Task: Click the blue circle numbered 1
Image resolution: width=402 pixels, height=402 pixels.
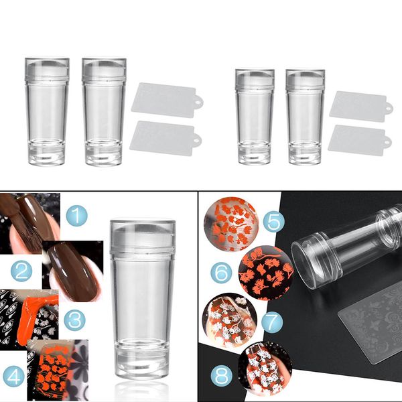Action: [76, 215]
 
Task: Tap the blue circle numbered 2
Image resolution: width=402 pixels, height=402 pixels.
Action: [21, 271]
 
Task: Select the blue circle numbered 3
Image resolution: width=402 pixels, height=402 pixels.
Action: [74, 320]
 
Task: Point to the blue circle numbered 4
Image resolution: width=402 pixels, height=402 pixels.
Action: [13, 377]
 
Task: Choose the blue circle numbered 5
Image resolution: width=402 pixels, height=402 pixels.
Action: [274, 222]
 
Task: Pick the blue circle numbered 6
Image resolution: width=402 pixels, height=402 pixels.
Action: [221, 273]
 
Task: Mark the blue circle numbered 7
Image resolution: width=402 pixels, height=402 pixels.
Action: [272, 322]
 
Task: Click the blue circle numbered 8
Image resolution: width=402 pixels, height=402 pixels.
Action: [222, 377]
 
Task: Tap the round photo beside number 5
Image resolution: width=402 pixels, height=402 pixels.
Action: [231, 224]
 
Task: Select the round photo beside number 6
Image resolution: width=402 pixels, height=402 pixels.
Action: [266, 273]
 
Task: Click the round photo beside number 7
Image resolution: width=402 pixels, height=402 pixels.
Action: [230, 320]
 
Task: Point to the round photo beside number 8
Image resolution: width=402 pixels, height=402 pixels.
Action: [265, 368]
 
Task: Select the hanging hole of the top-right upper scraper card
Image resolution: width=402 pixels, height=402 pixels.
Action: [389, 108]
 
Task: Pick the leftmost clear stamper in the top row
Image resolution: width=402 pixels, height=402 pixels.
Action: [47, 111]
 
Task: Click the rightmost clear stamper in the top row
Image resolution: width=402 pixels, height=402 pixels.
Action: [305, 117]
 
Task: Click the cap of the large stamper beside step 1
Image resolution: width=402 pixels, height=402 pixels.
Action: [143, 237]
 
